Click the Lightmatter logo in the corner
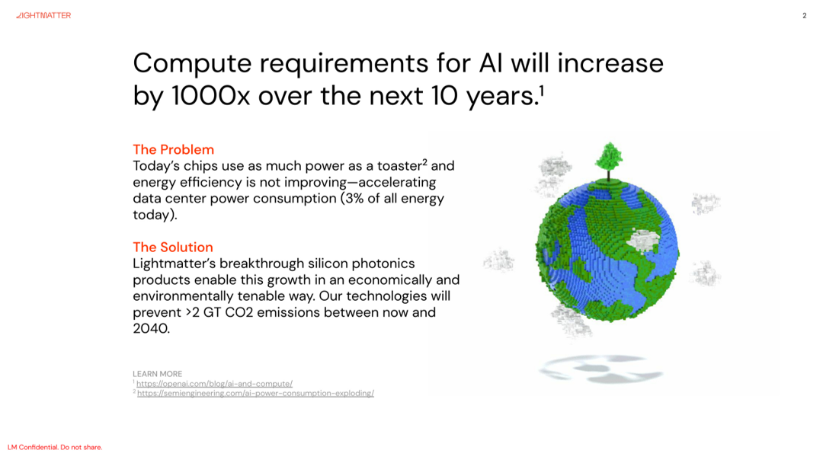click(x=43, y=16)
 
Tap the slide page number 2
click(x=804, y=16)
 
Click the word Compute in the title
click(x=193, y=64)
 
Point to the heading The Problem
click(x=173, y=149)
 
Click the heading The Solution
click(x=173, y=247)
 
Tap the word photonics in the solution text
click(x=383, y=264)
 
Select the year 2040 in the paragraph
click(x=151, y=328)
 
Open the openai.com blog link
click(x=214, y=384)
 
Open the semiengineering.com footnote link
click(x=255, y=394)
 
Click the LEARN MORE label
click(x=158, y=374)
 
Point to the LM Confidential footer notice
click(x=55, y=447)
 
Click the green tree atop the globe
click(x=609, y=160)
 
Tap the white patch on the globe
click(x=643, y=240)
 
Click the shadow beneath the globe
click(x=601, y=369)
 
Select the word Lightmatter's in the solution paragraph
click(x=175, y=264)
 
